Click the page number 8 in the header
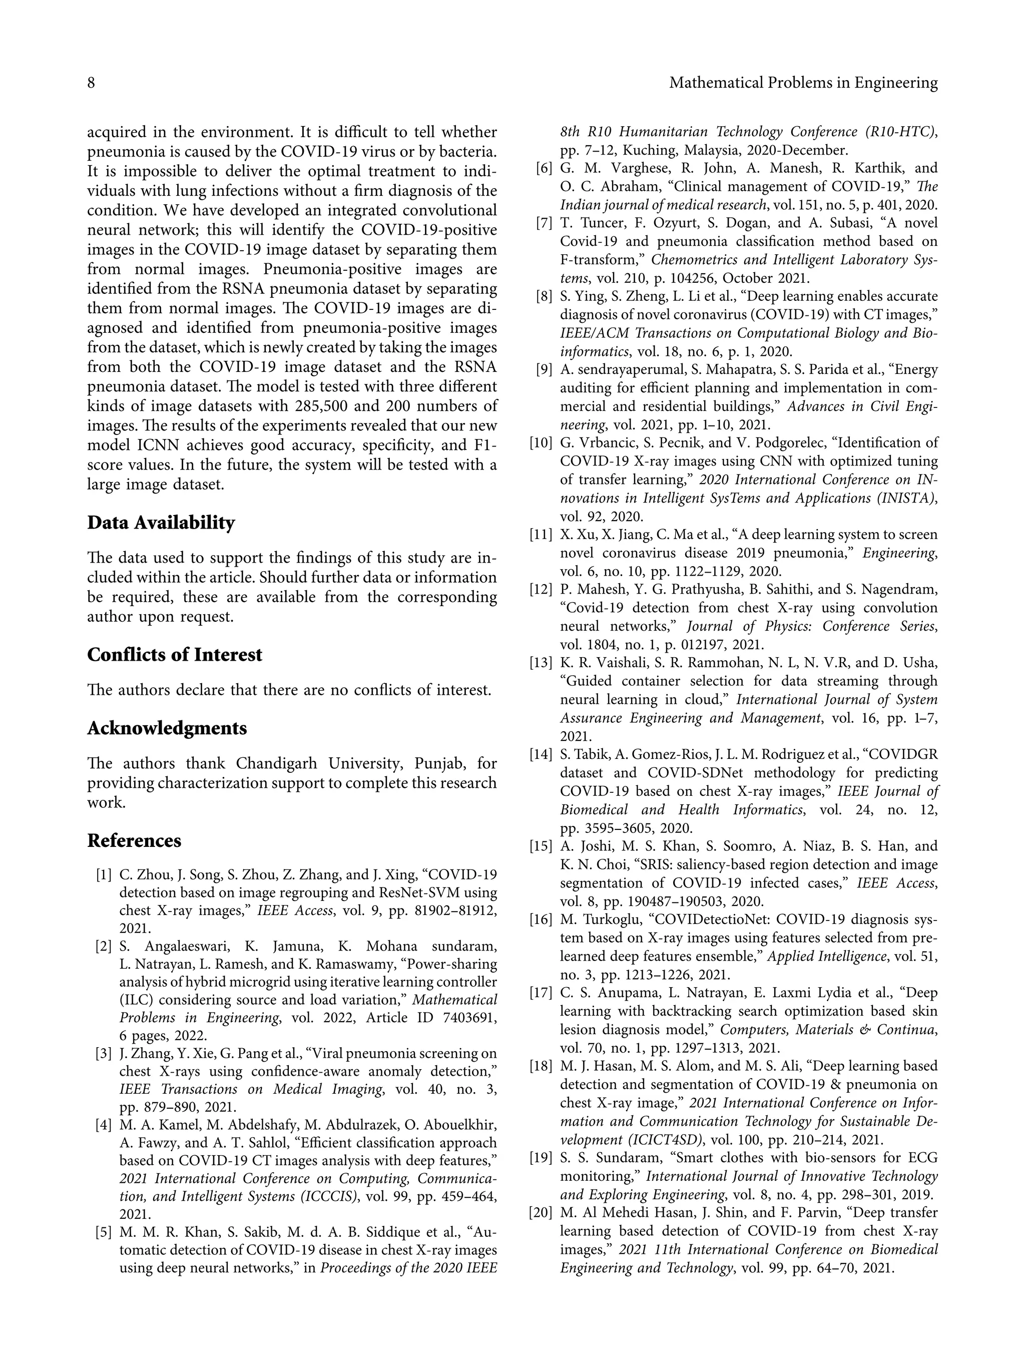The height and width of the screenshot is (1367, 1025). tap(91, 83)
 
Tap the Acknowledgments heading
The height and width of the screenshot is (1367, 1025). tap(166, 728)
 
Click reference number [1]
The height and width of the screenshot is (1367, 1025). tap(103, 875)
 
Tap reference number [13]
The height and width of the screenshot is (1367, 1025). tap(541, 663)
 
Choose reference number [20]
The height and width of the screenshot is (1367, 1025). tap(541, 1212)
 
